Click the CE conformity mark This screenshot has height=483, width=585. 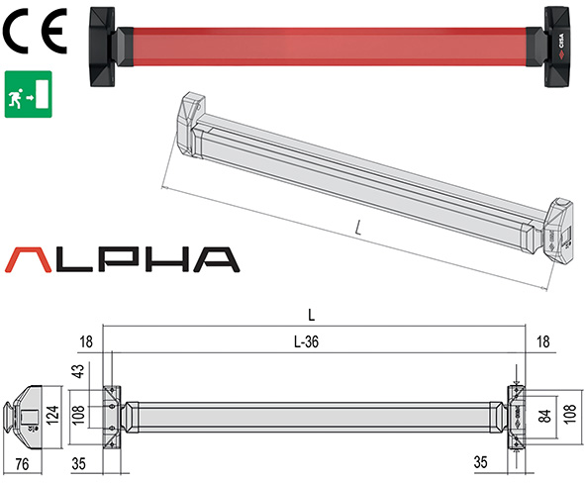(34, 33)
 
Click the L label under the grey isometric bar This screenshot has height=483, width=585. (357, 229)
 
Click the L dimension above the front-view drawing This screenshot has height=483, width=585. (311, 316)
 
